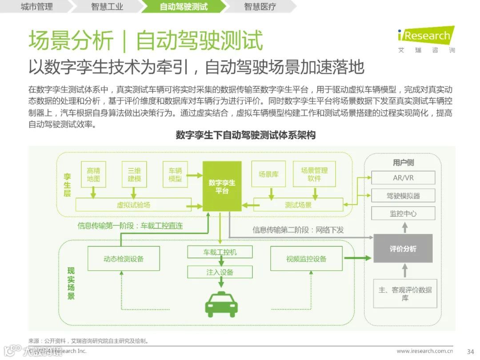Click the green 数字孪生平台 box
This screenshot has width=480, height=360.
pyautogui.click(x=222, y=186)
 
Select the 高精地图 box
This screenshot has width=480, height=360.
pyautogui.click(x=93, y=174)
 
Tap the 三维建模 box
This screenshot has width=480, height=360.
pyautogui.click(x=134, y=174)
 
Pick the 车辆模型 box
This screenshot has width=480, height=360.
pyautogui.click(x=175, y=174)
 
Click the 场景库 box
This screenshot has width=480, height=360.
pyautogui.click(x=268, y=174)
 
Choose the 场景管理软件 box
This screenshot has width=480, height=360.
pyautogui.click(x=314, y=174)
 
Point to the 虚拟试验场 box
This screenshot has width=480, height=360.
pyautogui.click(x=133, y=205)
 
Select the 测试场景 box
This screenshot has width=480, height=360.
pyautogui.click(x=298, y=205)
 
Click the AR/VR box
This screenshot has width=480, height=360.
pyautogui.click(x=403, y=178)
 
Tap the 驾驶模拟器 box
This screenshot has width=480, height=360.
pyautogui.click(x=403, y=196)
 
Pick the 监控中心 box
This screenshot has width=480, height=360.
pyautogui.click(x=403, y=213)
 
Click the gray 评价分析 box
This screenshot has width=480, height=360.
pyautogui.click(x=403, y=249)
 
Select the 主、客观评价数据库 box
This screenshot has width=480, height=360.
pyautogui.click(x=405, y=293)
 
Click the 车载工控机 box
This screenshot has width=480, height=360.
pyautogui.click(x=220, y=252)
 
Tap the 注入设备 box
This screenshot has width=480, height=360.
pyautogui.click(x=220, y=272)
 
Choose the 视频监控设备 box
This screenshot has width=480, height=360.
pyautogui.click(x=306, y=259)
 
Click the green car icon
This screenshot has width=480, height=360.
pyautogui.click(x=221, y=304)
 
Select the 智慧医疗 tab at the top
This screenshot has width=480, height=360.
pyautogui.click(x=260, y=7)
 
